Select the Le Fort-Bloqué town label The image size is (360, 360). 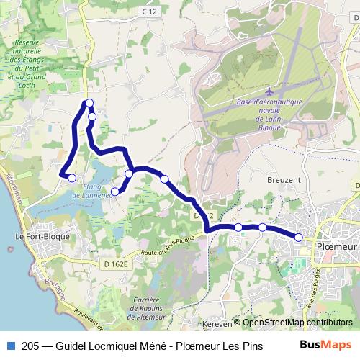coord(42,236)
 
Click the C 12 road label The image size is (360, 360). coord(149,12)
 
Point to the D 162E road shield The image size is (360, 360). coord(115,264)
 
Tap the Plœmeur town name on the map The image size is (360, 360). coord(337,247)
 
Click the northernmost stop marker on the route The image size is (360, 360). coord(89,103)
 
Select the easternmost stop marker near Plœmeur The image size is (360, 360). coord(299,237)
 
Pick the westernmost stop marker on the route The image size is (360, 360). coord(71,178)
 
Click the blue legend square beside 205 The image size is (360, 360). coord(10,344)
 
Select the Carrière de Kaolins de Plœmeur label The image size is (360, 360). coord(143,307)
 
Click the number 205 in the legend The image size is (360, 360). coord(31,344)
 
